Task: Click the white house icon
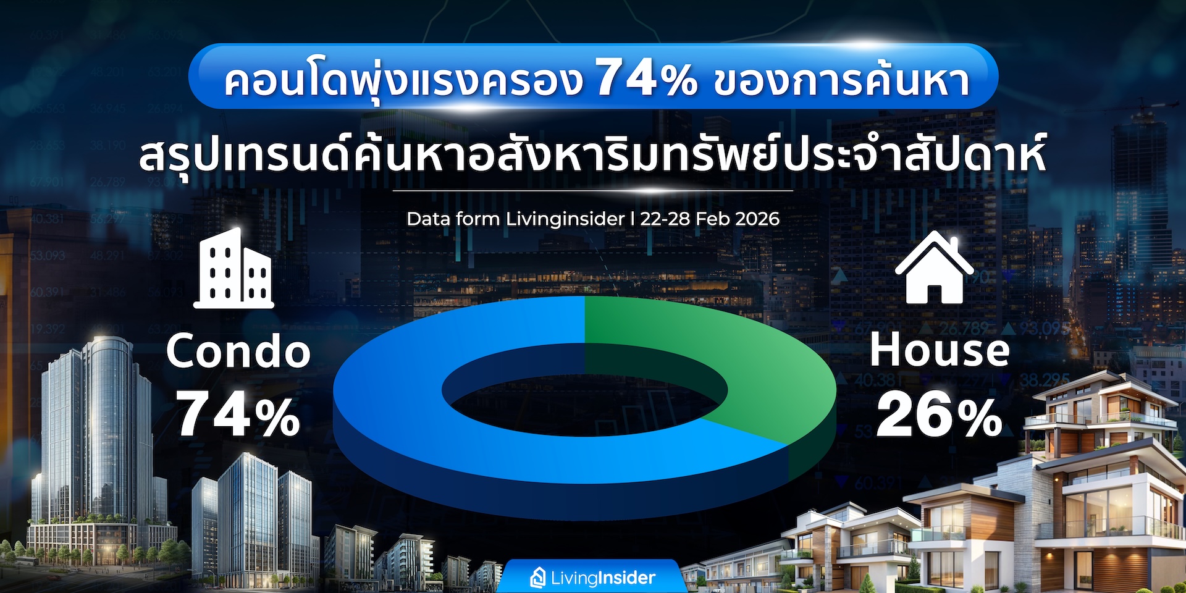(x=935, y=267)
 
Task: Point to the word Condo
(x=238, y=351)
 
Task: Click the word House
(x=940, y=350)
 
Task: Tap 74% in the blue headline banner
(x=646, y=78)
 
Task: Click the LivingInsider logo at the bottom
(x=592, y=578)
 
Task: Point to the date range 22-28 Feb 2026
(x=710, y=219)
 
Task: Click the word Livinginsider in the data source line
(x=565, y=219)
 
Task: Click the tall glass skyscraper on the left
(x=93, y=445)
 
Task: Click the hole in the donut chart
(x=584, y=389)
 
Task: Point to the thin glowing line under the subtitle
(x=592, y=191)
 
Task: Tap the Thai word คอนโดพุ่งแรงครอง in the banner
(x=403, y=80)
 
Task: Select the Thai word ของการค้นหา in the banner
(x=841, y=80)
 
